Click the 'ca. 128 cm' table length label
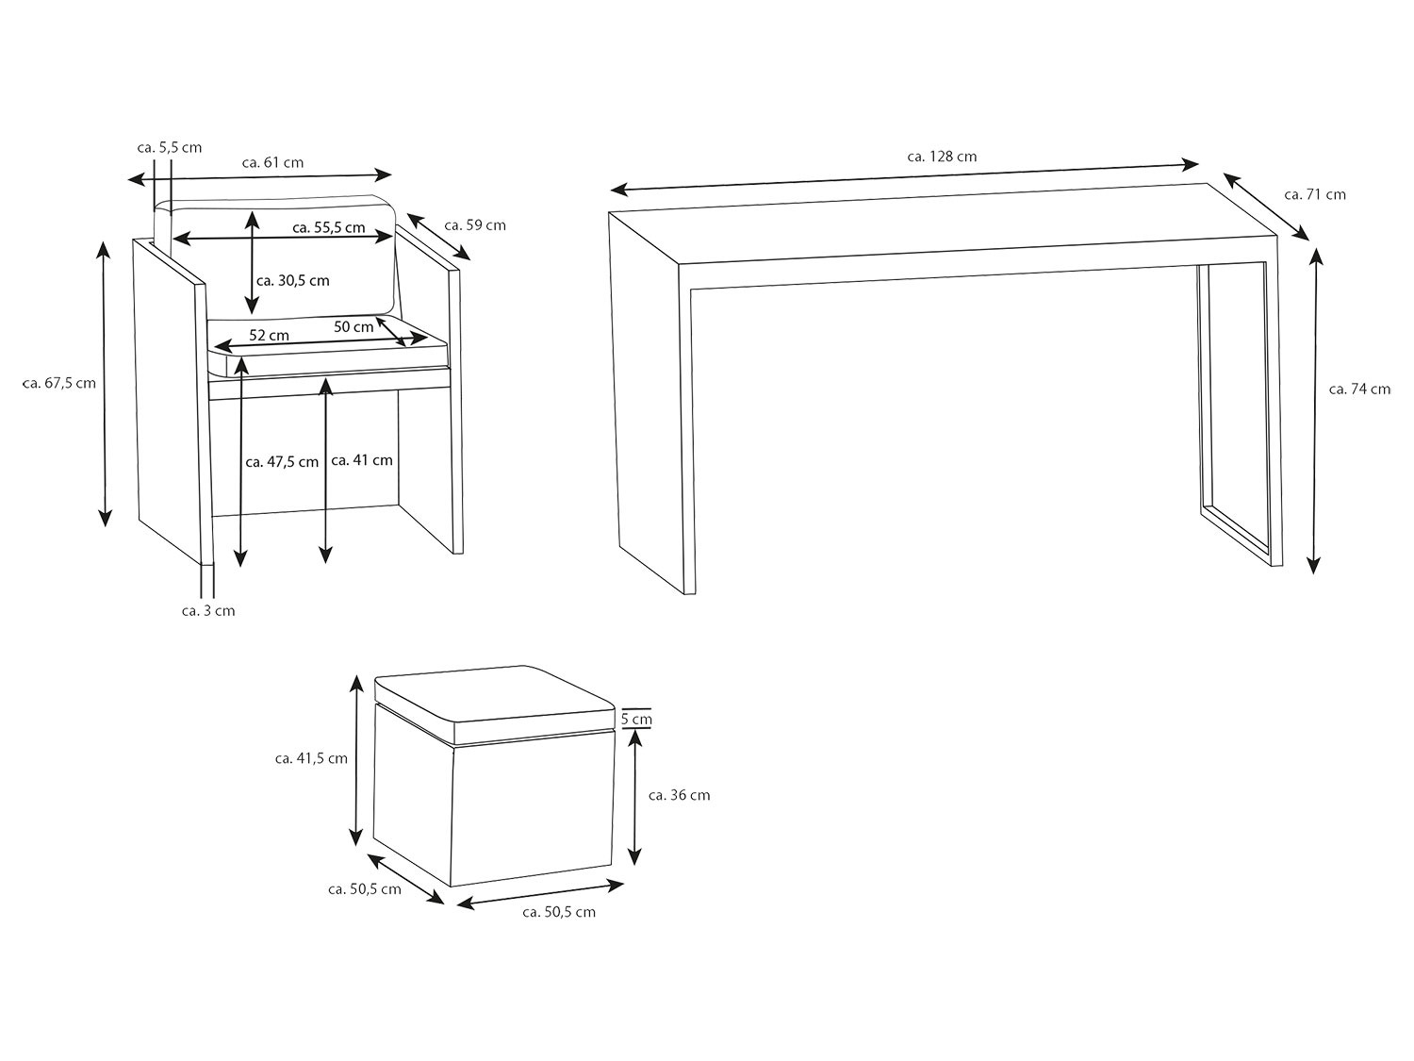[x=942, y=157]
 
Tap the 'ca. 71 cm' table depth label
[x=1315, y=194]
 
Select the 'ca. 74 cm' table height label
[x=1360, y=390]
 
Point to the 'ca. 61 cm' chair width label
[x=272, y=162]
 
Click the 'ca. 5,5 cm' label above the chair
[x=170, y=147]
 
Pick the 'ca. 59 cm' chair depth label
[x=475, y=225]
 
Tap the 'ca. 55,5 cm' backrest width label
[x=329, y=227]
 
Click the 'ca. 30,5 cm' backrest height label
[x=292, y=281]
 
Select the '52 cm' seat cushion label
[x=270, y=336]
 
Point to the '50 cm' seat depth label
[x=353, y=327]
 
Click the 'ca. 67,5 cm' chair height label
[x=59, y=383]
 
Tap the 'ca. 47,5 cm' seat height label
[x=282, y=462]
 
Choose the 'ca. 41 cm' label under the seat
[x=361, y=460]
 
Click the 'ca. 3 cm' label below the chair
[x=208, y=611]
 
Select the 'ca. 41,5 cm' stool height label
[x=311, y=758]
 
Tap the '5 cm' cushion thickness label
[x=636, y=719]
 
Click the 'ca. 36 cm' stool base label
[x=679, y=795]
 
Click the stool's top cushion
[x=495, y=704]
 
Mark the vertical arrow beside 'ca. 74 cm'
[x=1315, y=411]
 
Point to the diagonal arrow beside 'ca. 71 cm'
[x=1267, y=207]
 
